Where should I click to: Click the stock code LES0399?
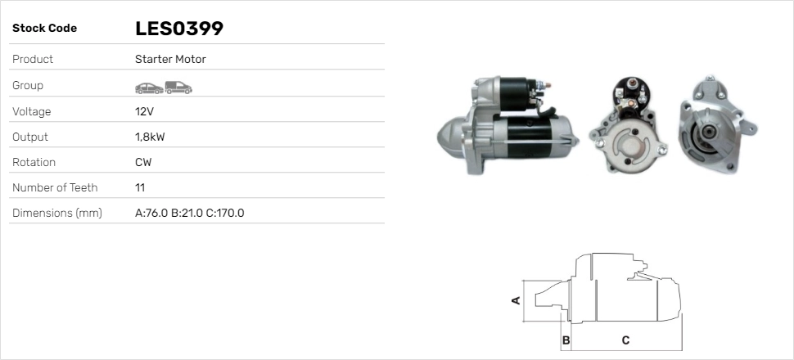tap(179, 29)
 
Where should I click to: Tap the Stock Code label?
tap(44, 29)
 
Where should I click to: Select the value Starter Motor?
tap(170, 59)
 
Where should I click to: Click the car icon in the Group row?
tap(148, 87)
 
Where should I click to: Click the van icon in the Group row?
tap(178, 87)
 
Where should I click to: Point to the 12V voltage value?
tap(143, 111)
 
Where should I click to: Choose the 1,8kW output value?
tap(149, 137)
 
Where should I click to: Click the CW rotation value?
tap(143, 162)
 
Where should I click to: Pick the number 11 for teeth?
tap(140, 187)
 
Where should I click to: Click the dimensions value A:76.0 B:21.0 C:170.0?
tap(189, 213)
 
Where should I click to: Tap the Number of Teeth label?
tap(55, 187)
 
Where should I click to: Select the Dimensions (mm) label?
tap(56, 213)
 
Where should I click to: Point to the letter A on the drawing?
tap(516, 300)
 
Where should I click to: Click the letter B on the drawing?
tap(566, 340)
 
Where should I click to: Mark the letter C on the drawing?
tap(625, 340)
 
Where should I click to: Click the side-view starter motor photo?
tap(508, 127)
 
